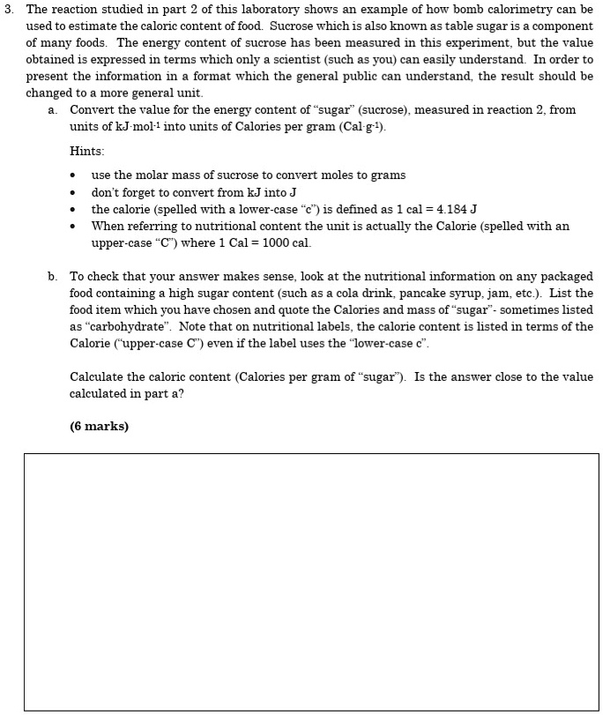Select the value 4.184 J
coord(452,209)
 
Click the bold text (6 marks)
coord(99,426)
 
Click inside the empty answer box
coord(310,581)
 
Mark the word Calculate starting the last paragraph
coord(98,376)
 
